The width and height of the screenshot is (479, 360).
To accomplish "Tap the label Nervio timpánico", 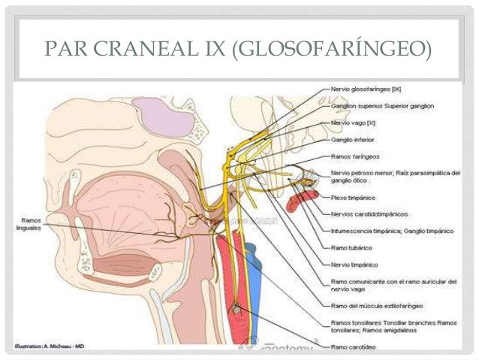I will pyautogui.click(x=354, y=264).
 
